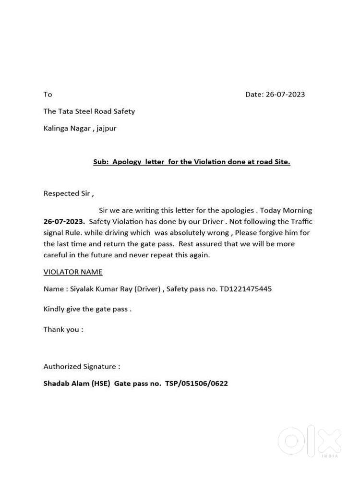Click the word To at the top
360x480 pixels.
click(x=48, y=95)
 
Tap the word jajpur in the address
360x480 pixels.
click(x=107, y=129)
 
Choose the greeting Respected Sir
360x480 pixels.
click(x=67, y=193)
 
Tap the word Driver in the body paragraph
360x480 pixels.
click(x=213, y=222)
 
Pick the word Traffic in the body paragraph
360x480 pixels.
click(x=301, y=222)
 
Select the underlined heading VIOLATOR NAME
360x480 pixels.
click(x=73, y=272)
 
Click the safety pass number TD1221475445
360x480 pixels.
click(x=245, y=289)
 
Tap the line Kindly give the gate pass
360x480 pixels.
click(x=87, y=309)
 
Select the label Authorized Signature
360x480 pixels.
click(x=80, y=367)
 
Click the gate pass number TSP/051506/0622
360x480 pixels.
click(x=196, y=384)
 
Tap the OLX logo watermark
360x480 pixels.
click(x=310, y=441)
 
